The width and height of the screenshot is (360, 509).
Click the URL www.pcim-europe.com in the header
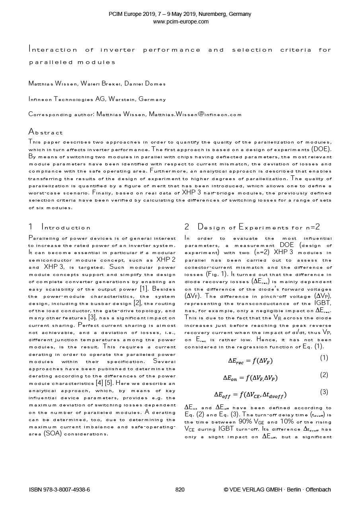click(180, 21)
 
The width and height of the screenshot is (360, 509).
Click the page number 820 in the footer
click(180, 490)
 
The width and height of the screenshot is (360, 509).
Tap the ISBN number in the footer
click(60, 490)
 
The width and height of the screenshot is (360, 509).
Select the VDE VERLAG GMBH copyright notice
click(277, 490)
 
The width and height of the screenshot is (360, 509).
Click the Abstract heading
click(45, 132)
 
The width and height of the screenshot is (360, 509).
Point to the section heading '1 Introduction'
click(60, 227)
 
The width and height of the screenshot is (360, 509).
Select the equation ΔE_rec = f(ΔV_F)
click(250, 361)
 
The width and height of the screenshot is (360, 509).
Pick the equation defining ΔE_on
click(250, 378)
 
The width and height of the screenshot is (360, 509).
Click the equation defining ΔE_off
click(250, 395)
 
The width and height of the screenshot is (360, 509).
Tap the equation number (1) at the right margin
click(324, 358)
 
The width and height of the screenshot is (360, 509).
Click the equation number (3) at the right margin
click(324, 392)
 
